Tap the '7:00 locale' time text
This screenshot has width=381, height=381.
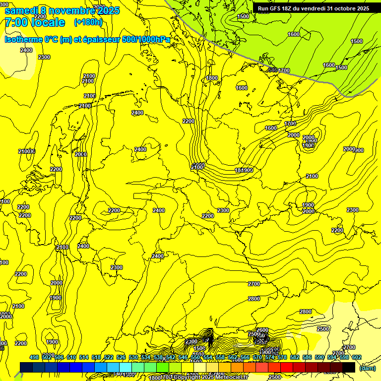tap(35, 22)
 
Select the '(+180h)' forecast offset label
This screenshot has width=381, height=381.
tap(88, 22)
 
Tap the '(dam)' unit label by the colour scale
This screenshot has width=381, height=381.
tap(368, 368)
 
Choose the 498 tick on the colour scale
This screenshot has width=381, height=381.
tap(34, 357)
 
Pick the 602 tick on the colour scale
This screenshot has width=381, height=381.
tap(357, 357)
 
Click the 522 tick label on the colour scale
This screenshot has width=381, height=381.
tap(109, 357)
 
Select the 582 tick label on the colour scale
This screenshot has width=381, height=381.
tap(295, 357)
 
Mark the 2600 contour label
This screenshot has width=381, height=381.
tap(262, 330)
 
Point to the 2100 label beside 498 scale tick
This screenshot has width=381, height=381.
tap(18, 306)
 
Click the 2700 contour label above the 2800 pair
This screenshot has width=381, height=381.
tap(254, 284)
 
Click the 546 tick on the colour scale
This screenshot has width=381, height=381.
tap(183, 357)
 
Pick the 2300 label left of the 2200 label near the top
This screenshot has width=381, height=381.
tap(44, 57)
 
